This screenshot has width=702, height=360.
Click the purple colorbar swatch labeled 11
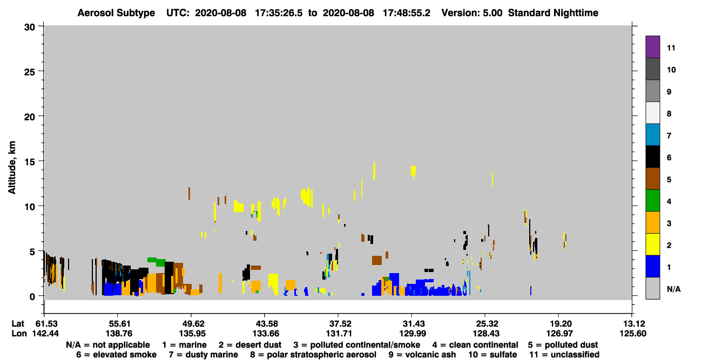click(x=652, y=46)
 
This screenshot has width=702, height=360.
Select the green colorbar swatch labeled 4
click(x=652, y=201)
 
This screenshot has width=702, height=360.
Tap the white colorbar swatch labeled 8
click(x=652, y=113)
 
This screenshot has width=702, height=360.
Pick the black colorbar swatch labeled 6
click(x=652, y=157)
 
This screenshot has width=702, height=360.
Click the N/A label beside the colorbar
click(x=673, y=289)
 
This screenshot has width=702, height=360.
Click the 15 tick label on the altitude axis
click(x=30, y=162)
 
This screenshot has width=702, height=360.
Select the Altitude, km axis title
click(x=11, y=168)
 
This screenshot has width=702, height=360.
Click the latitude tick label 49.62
click(x=192, y=324)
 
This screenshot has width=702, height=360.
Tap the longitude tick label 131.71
click(x=339, y=334)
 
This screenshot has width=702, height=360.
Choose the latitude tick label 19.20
click(x=559, y=324)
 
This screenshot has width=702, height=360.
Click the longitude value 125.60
click(x=632, y=334)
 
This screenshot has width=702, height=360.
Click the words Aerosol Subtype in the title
click(x=116, y=13)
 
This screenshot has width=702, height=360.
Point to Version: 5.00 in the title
click(x=471, y=13)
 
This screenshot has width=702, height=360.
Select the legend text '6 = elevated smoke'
click(x=116, y=355)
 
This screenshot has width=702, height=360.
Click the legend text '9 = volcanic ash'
click(x=422, y=355)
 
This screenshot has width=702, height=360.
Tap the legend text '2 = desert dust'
click(x=250, y=345)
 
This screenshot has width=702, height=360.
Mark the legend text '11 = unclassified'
click(x=564, y=355)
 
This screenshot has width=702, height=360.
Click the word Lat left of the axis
click(x=18, y=324)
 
